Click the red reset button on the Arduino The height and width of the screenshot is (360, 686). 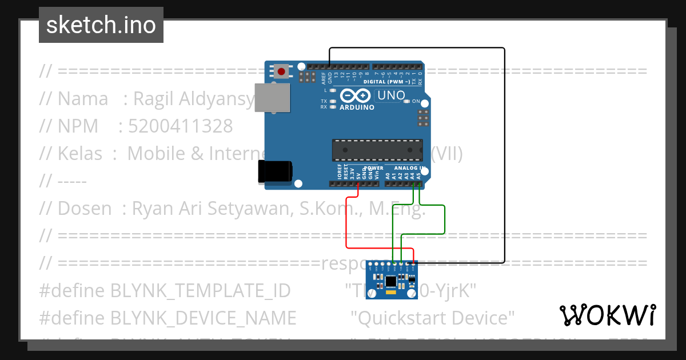281,71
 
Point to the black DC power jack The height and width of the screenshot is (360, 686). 275,171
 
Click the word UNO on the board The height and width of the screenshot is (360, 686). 392,96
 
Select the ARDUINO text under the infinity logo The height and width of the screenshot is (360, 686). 357,107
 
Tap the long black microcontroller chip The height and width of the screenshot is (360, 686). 377,150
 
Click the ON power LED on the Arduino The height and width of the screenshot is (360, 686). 408,102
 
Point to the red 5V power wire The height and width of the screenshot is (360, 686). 348,223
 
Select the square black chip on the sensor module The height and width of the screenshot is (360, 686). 391,281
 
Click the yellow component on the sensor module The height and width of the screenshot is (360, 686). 390,292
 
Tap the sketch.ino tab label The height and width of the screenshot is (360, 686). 101,25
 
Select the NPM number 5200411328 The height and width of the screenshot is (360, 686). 181,126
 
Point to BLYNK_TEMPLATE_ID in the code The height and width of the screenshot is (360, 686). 200,290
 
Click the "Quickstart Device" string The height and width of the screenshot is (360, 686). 433,318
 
